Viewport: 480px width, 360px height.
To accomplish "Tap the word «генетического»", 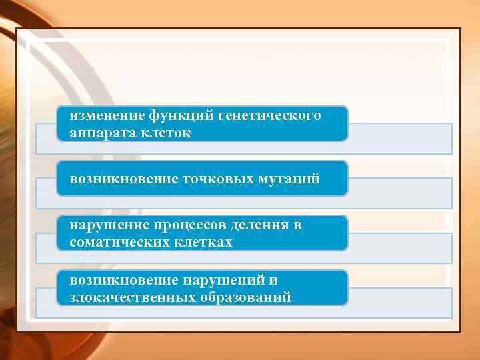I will coord(271,116).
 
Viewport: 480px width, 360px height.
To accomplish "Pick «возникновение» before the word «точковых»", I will coord(124,179).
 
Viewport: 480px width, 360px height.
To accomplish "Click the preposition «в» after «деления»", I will coord(297,225).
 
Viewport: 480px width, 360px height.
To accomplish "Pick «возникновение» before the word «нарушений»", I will coord(124,281).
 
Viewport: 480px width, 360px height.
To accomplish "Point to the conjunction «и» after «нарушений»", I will coord(273,281).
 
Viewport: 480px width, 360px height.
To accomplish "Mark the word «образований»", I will coord(245,297).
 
